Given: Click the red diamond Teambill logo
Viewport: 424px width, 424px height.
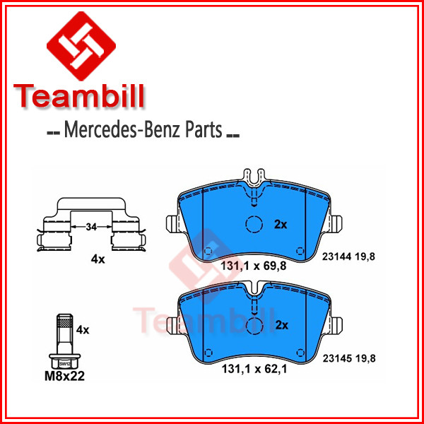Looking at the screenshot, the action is point(81,46).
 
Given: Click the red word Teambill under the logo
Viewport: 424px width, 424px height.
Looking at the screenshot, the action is point(78,96).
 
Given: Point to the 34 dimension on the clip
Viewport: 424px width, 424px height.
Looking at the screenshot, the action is point(91,227).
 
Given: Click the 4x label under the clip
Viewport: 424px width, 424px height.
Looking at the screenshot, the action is point(98,259).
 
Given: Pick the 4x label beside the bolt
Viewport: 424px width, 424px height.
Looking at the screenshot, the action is point(83,330).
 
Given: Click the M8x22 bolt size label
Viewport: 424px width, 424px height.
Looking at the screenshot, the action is point(64,376).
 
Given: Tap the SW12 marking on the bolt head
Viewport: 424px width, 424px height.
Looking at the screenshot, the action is point(64,364).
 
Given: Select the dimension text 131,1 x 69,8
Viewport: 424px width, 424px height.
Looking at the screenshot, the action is point(254,266).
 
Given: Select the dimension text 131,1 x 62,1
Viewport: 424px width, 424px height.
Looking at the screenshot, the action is point(254,369).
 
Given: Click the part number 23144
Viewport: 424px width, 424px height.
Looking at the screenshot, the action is point(336,257).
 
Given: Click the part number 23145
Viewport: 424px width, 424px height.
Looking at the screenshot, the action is point(337,358).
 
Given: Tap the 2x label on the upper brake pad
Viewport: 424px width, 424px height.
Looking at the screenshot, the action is point(281,225).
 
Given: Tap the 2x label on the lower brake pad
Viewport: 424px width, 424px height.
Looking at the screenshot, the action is point(282,325).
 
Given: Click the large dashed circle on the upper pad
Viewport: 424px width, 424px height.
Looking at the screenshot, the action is point(254,224).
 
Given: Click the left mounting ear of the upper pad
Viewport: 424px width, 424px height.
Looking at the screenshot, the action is point(172,224).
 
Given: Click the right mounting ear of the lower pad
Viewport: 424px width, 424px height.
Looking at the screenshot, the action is point(336,325).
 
